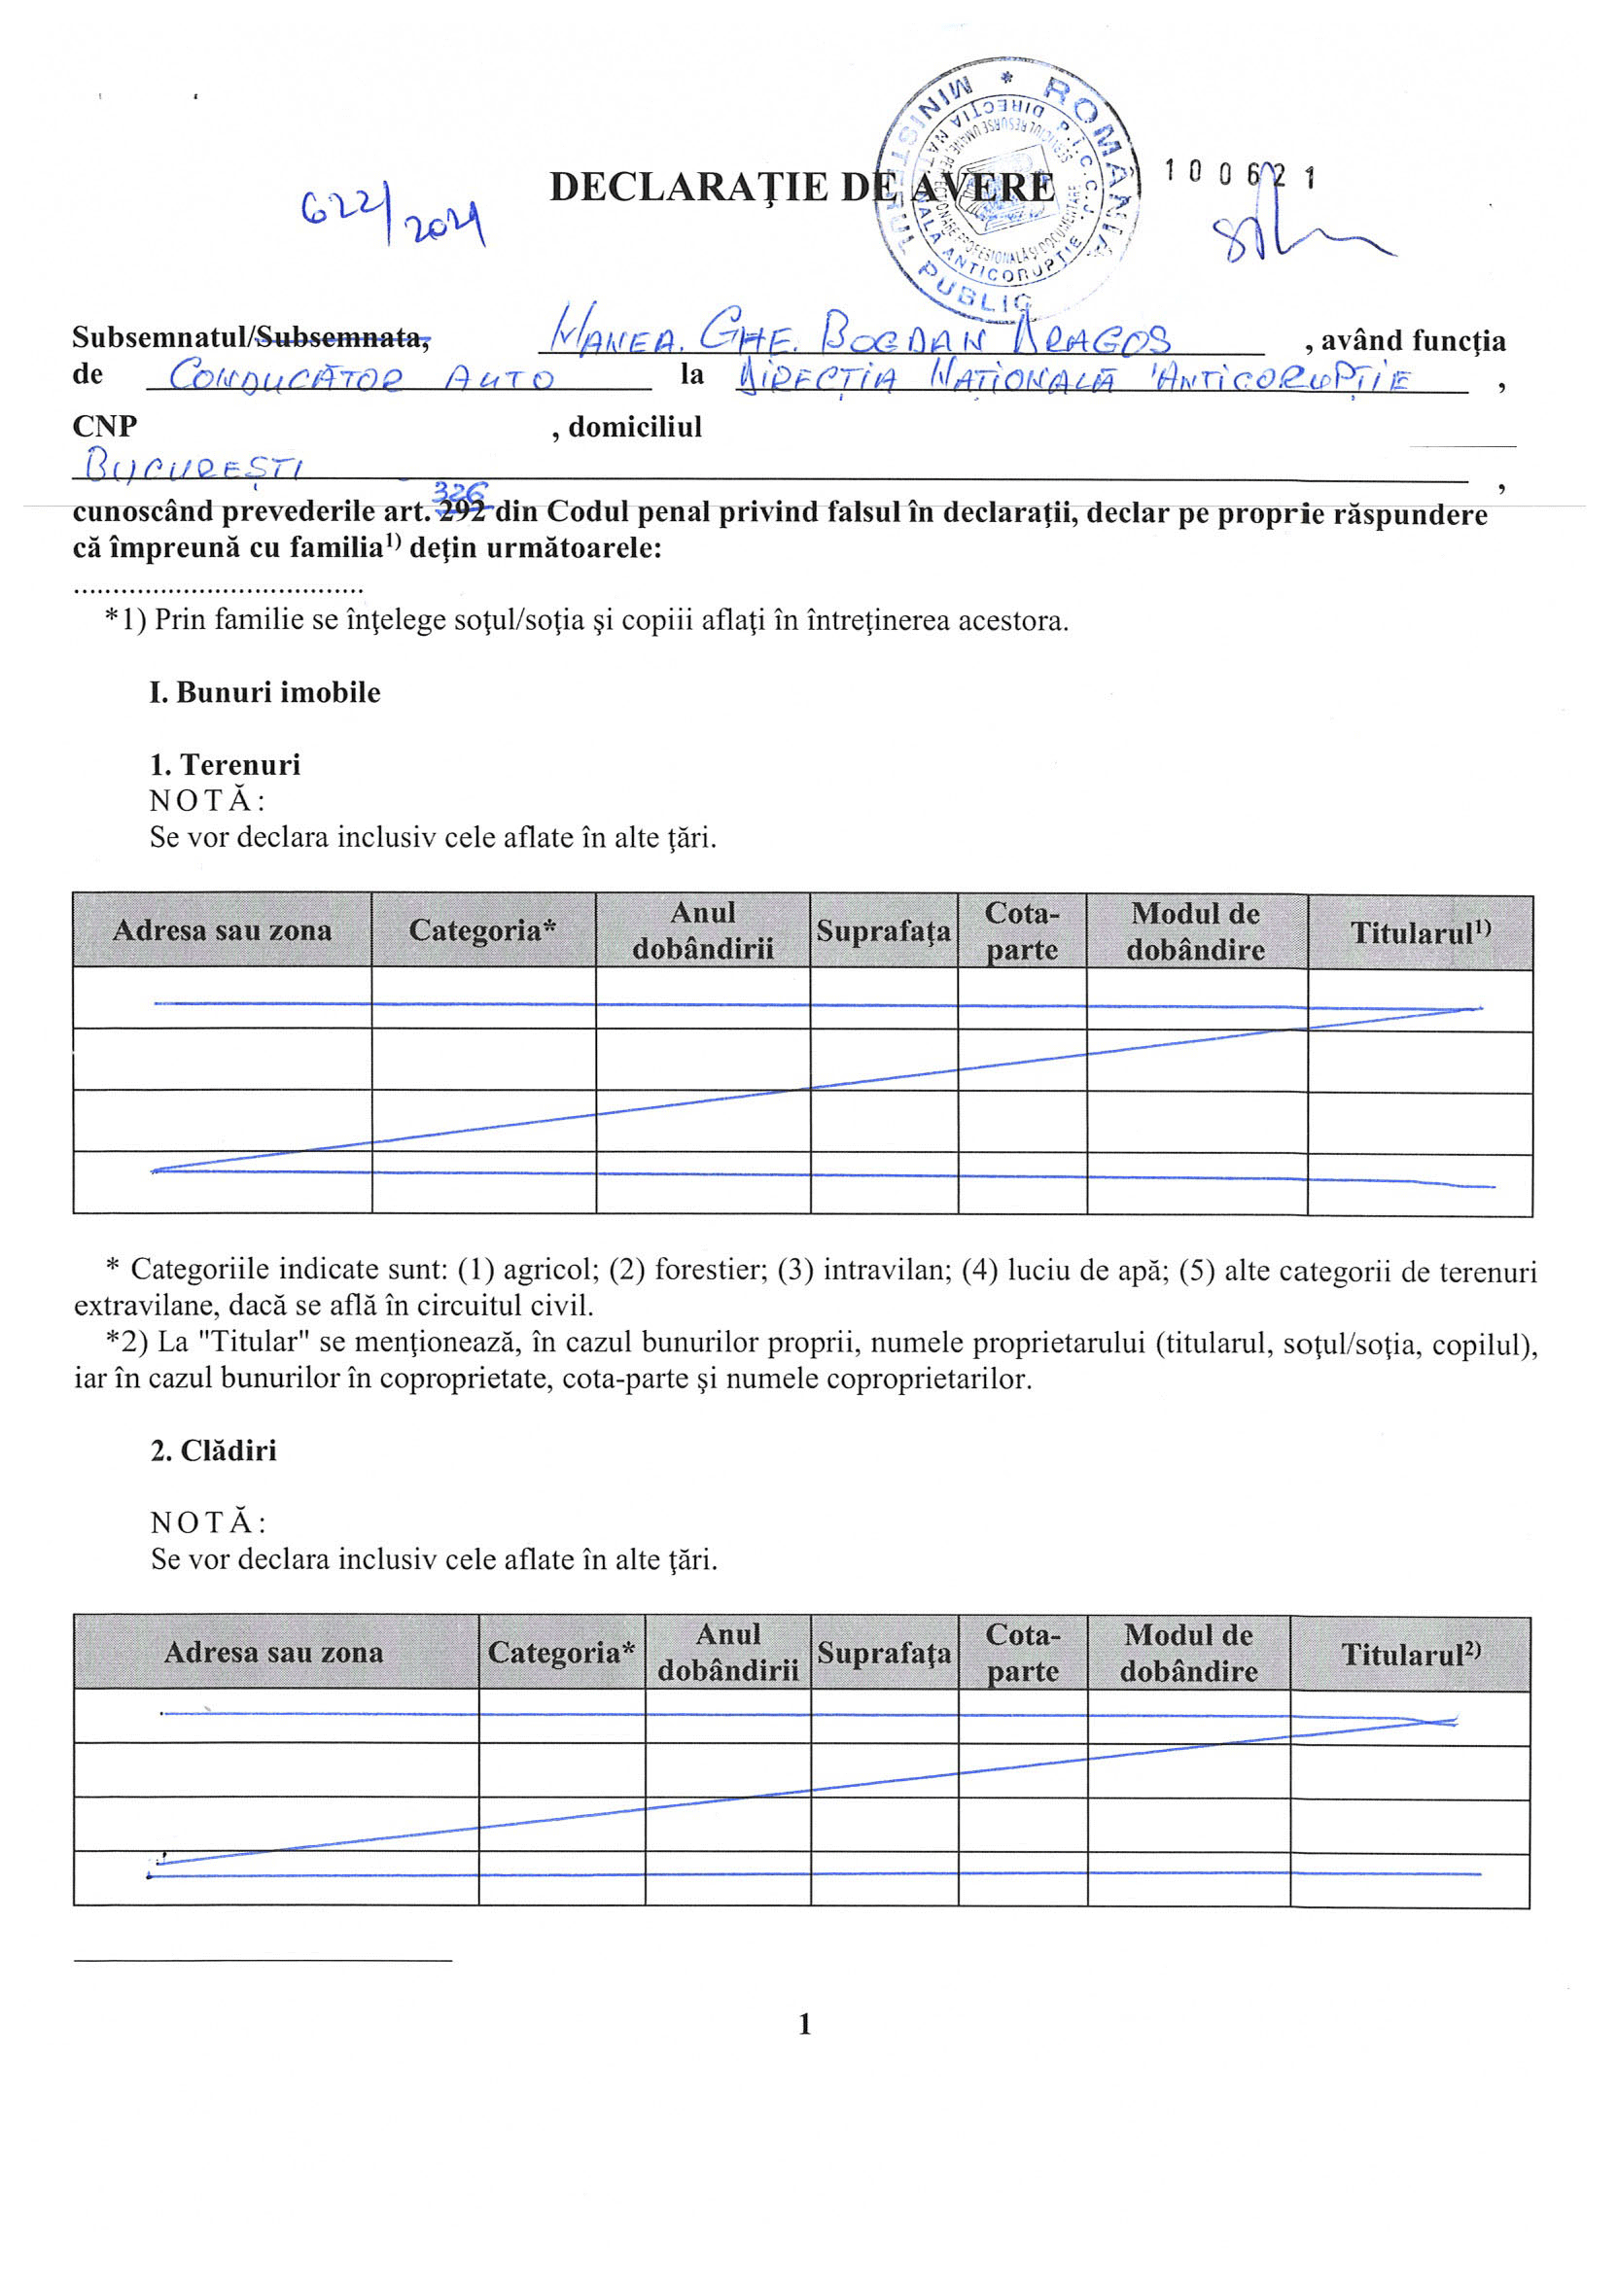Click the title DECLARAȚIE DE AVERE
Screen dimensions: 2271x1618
coord(801,188)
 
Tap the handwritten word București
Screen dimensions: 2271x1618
coord(194,466)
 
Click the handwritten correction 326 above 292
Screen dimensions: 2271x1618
coord(460,491)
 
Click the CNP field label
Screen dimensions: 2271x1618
coord(105,427)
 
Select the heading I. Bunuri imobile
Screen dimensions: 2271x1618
coord(265,692)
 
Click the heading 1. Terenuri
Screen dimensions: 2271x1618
coord(226,764)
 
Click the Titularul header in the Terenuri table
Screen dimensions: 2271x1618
coord(1420,932)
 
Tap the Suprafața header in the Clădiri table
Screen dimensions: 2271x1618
coord(884,1654)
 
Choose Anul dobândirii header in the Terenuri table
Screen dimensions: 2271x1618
coord(702,930)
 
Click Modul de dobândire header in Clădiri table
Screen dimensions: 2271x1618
coord(1187,1654)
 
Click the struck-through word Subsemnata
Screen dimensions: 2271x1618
coord(342,337)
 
